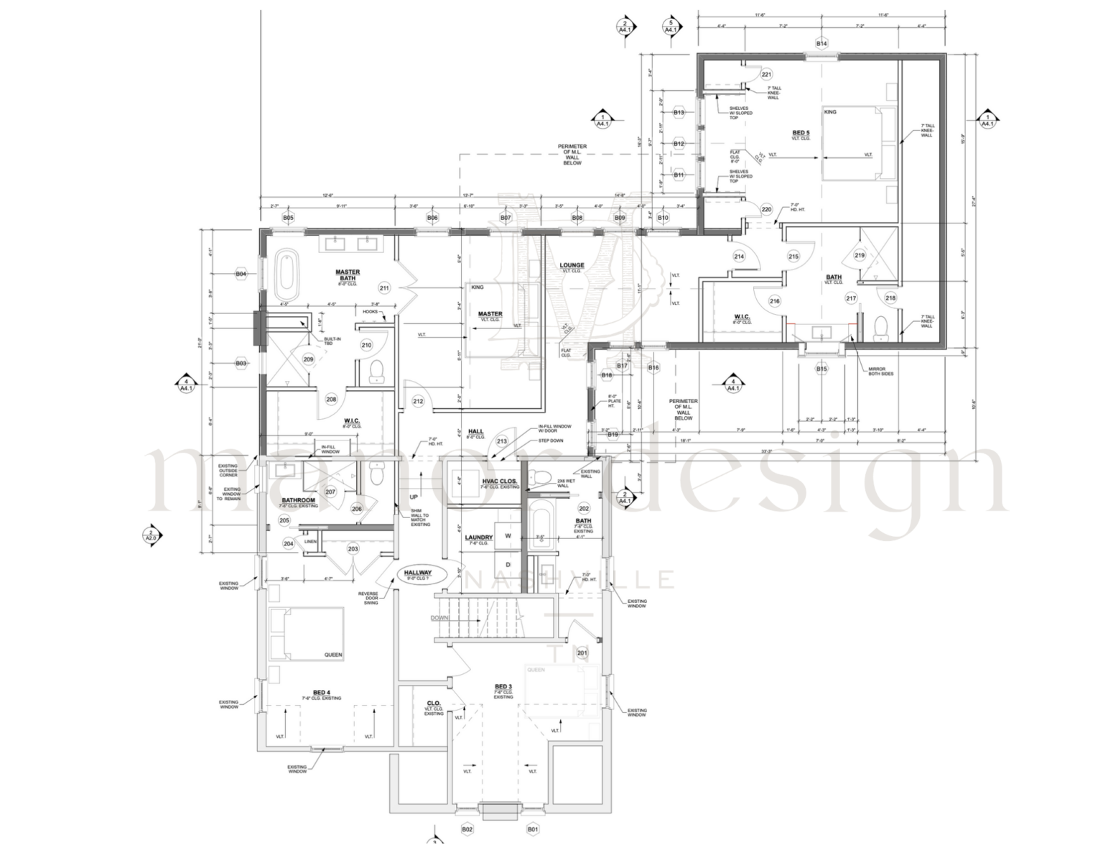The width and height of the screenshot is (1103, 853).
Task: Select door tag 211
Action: click(384, 289)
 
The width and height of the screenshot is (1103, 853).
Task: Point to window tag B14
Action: click(822, 44)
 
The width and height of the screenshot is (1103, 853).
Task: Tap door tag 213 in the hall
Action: click(502, 441)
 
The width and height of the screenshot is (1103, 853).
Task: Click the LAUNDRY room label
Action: click(478, 538)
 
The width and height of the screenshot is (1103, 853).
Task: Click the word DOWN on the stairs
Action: click(440, 618)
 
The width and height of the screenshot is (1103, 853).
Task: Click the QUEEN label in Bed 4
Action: click(333, 655)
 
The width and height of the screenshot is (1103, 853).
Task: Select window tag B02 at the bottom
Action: click(467, 829)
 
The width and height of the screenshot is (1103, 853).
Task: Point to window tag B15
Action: click(822, 369)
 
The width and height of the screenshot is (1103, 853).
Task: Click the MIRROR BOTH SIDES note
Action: click(881, 372)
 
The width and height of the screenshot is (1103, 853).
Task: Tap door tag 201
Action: click(582, 653)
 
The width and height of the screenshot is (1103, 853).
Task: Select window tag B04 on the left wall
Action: click(241, 274)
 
